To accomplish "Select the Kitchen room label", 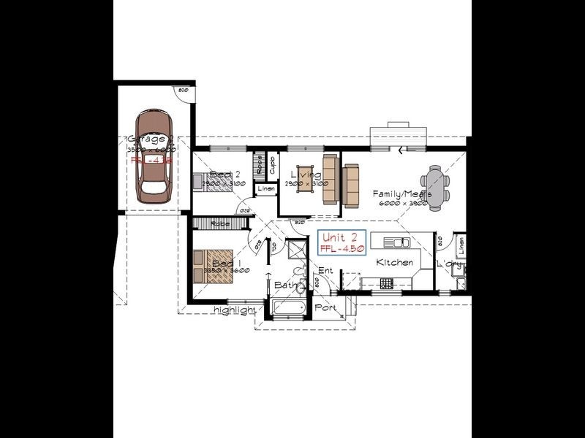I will pyautogui.click(x=394, y=262).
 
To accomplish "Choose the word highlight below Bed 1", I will pyautogui.click(x=234, y=310).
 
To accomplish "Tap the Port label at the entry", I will pyautogui.click(x=325, y=308).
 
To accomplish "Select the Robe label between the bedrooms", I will pyautogui.click(x=218, y=223).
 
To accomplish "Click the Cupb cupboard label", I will pyautogui.click(x=272, y=165).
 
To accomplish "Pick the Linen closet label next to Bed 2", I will pyautogui.click(x=265, y=190).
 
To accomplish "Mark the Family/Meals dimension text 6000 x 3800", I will pyautogui.click(x=401, y=204).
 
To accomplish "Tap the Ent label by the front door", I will pyautogui.click(x=325, y=271).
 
